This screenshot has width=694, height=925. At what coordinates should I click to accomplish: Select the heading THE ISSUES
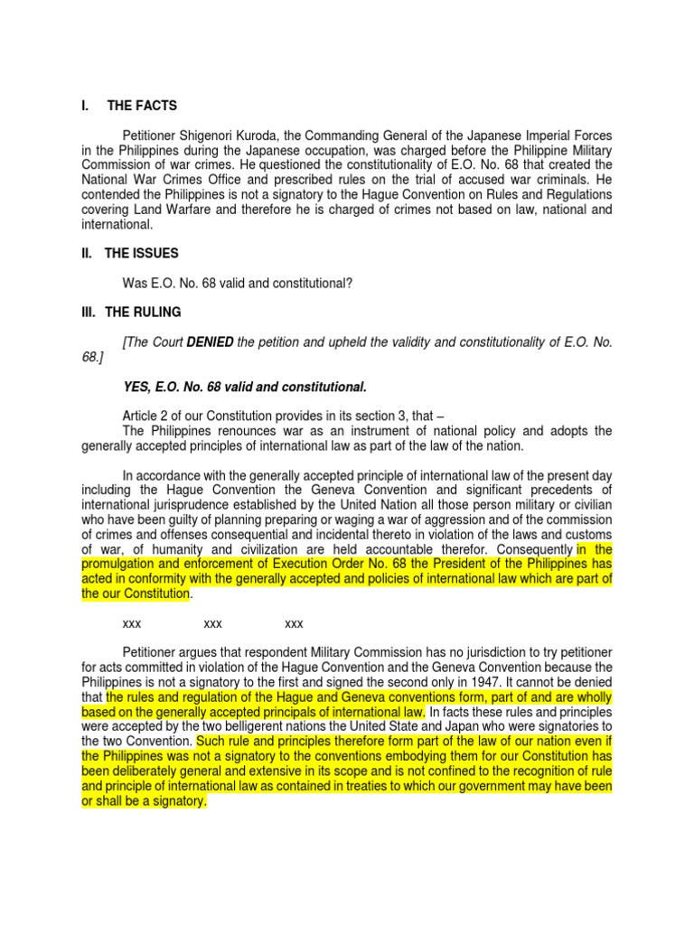pyautogui.click(x=142, y=254)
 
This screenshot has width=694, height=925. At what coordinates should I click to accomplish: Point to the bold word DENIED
pyautogui.click(x=210, y=342)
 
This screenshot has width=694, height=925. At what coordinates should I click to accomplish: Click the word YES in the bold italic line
pyautogui.click(x=136, y=388)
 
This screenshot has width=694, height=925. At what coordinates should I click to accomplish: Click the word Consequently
pyautogui.click(x=532, y=548)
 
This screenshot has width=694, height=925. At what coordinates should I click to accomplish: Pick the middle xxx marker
pyautogui.click(x=213, y=622)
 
